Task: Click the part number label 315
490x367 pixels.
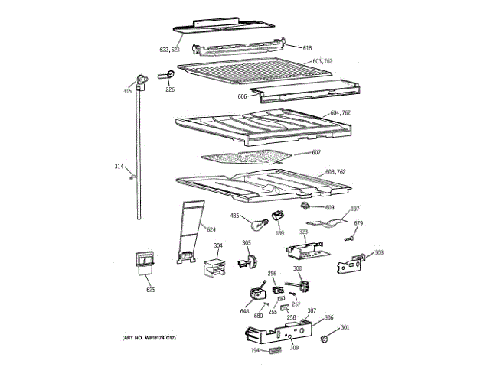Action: click(127, 91)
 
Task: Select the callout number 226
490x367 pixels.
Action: click(170, 89)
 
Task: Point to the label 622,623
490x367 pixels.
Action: click(169, 49)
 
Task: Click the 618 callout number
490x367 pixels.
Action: click(307, 48)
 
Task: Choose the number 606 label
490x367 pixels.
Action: click(242, 96)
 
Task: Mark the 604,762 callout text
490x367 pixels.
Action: click(340, 113)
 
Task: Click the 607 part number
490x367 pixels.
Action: click(316, 152)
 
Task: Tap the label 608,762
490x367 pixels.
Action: click(335, 171)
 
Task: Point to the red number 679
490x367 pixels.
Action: click(358, 223)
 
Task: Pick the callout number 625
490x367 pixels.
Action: click(151, 291)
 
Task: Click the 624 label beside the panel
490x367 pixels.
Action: click(211, 229)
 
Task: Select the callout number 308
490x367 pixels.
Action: click(379, 252)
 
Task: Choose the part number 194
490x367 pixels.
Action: click(255, 351)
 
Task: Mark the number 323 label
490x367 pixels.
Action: click(303, 231)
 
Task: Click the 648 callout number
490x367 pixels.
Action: click(245, 311)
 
